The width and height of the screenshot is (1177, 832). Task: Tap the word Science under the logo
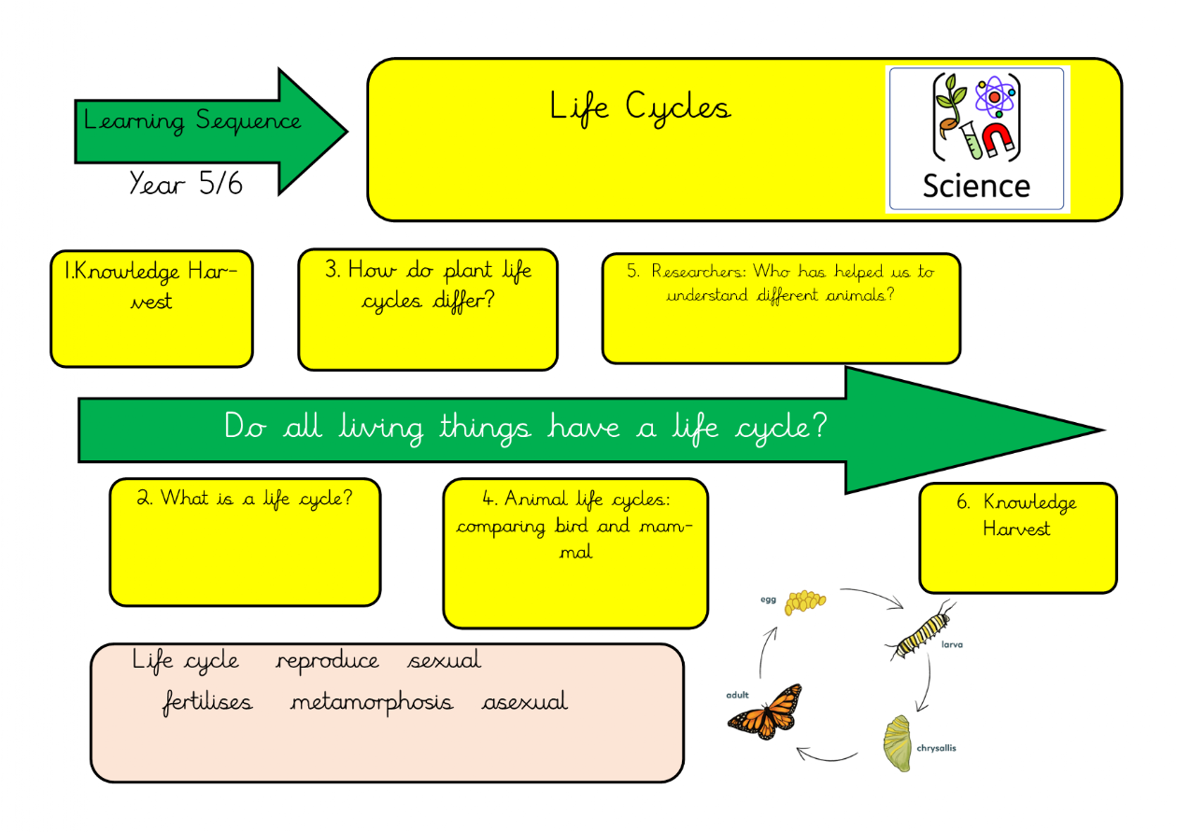975,185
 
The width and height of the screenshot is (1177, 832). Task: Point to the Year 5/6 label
186,184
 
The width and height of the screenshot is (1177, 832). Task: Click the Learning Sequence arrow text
192,121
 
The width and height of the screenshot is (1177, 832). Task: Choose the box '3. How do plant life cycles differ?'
428,308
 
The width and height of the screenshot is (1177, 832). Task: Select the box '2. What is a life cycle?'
245,542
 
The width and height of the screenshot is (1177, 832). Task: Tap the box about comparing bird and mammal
574,553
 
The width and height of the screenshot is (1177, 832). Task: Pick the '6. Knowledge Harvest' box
1017,538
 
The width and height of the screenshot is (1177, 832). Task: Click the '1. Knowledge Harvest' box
151,308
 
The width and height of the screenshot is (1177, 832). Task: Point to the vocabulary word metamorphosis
371,702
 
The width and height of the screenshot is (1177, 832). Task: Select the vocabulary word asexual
524,702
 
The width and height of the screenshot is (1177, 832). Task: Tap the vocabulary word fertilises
206,702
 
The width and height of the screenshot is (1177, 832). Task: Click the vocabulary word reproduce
328,662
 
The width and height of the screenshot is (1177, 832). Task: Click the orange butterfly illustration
766,712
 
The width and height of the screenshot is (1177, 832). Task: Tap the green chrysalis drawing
897,743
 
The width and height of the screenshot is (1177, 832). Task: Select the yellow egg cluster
805,602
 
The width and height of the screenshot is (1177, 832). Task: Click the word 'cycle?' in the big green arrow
781,428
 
